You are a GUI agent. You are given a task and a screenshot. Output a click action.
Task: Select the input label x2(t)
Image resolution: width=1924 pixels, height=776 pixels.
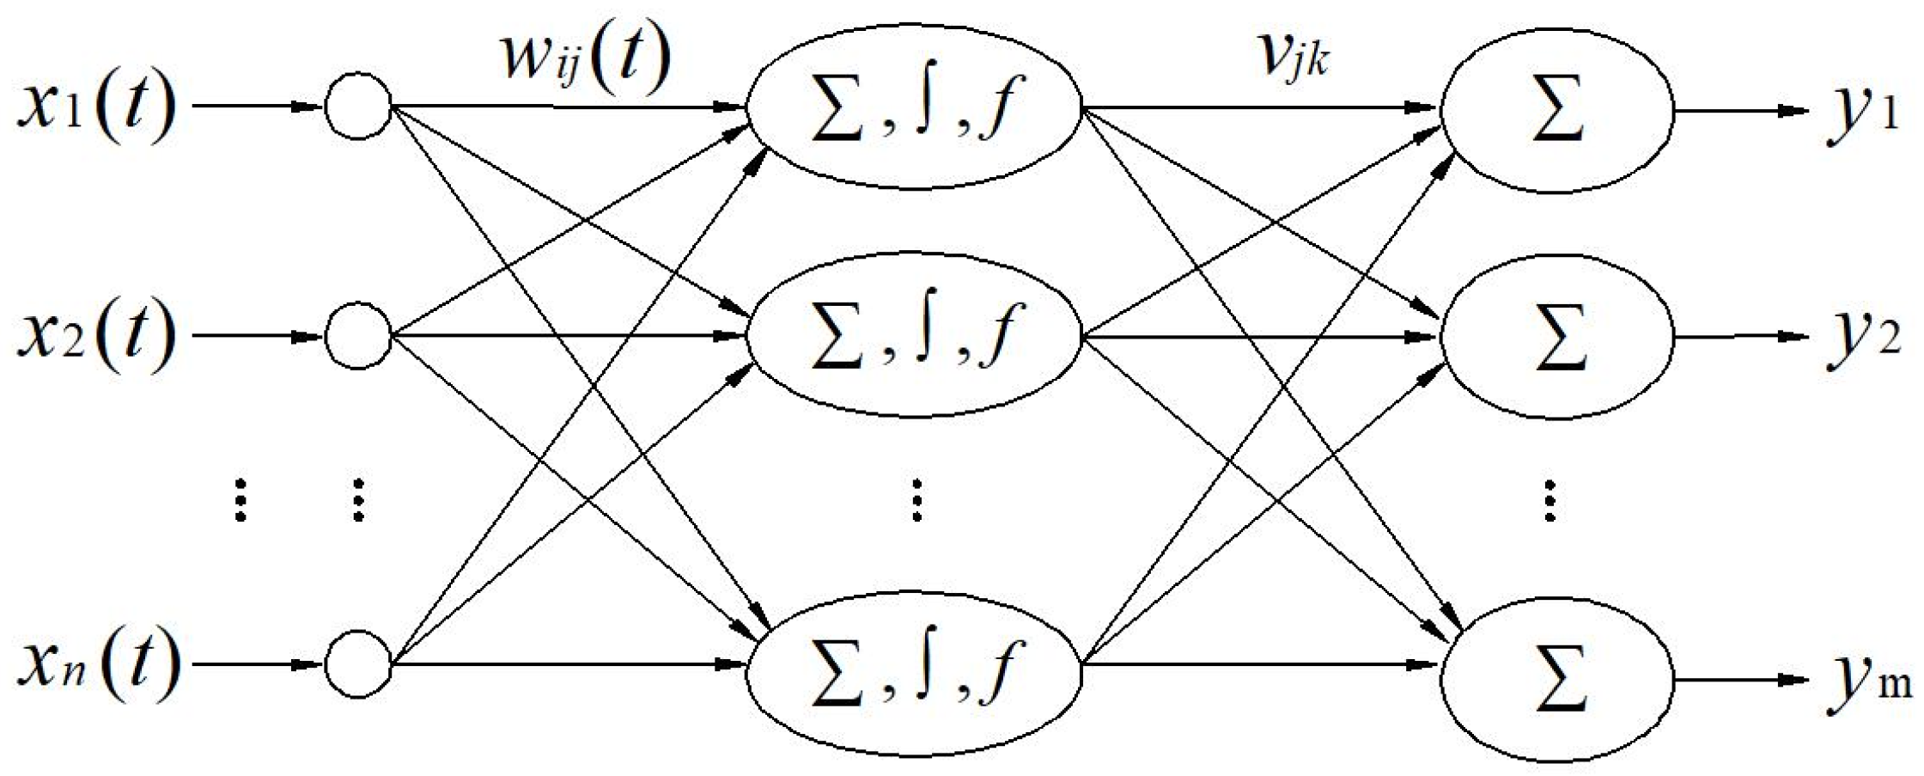point(96,336)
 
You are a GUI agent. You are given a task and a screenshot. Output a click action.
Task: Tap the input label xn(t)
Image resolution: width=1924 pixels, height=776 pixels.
point(99,664)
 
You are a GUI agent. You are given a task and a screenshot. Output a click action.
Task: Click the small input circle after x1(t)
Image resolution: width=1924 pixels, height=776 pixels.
point(358,107)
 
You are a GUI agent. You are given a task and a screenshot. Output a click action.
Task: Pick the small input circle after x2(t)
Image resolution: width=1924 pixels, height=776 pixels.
point(358,335)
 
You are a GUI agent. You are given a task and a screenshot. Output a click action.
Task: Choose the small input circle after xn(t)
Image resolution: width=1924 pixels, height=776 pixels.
point(358,664)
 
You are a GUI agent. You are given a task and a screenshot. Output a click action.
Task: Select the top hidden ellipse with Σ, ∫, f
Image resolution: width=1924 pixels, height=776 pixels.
point(914,110)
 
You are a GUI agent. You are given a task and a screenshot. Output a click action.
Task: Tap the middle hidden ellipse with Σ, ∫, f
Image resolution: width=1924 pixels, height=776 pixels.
point(914,335)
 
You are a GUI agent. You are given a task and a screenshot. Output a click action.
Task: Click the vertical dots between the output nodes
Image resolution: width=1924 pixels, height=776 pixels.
point(1549,501)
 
